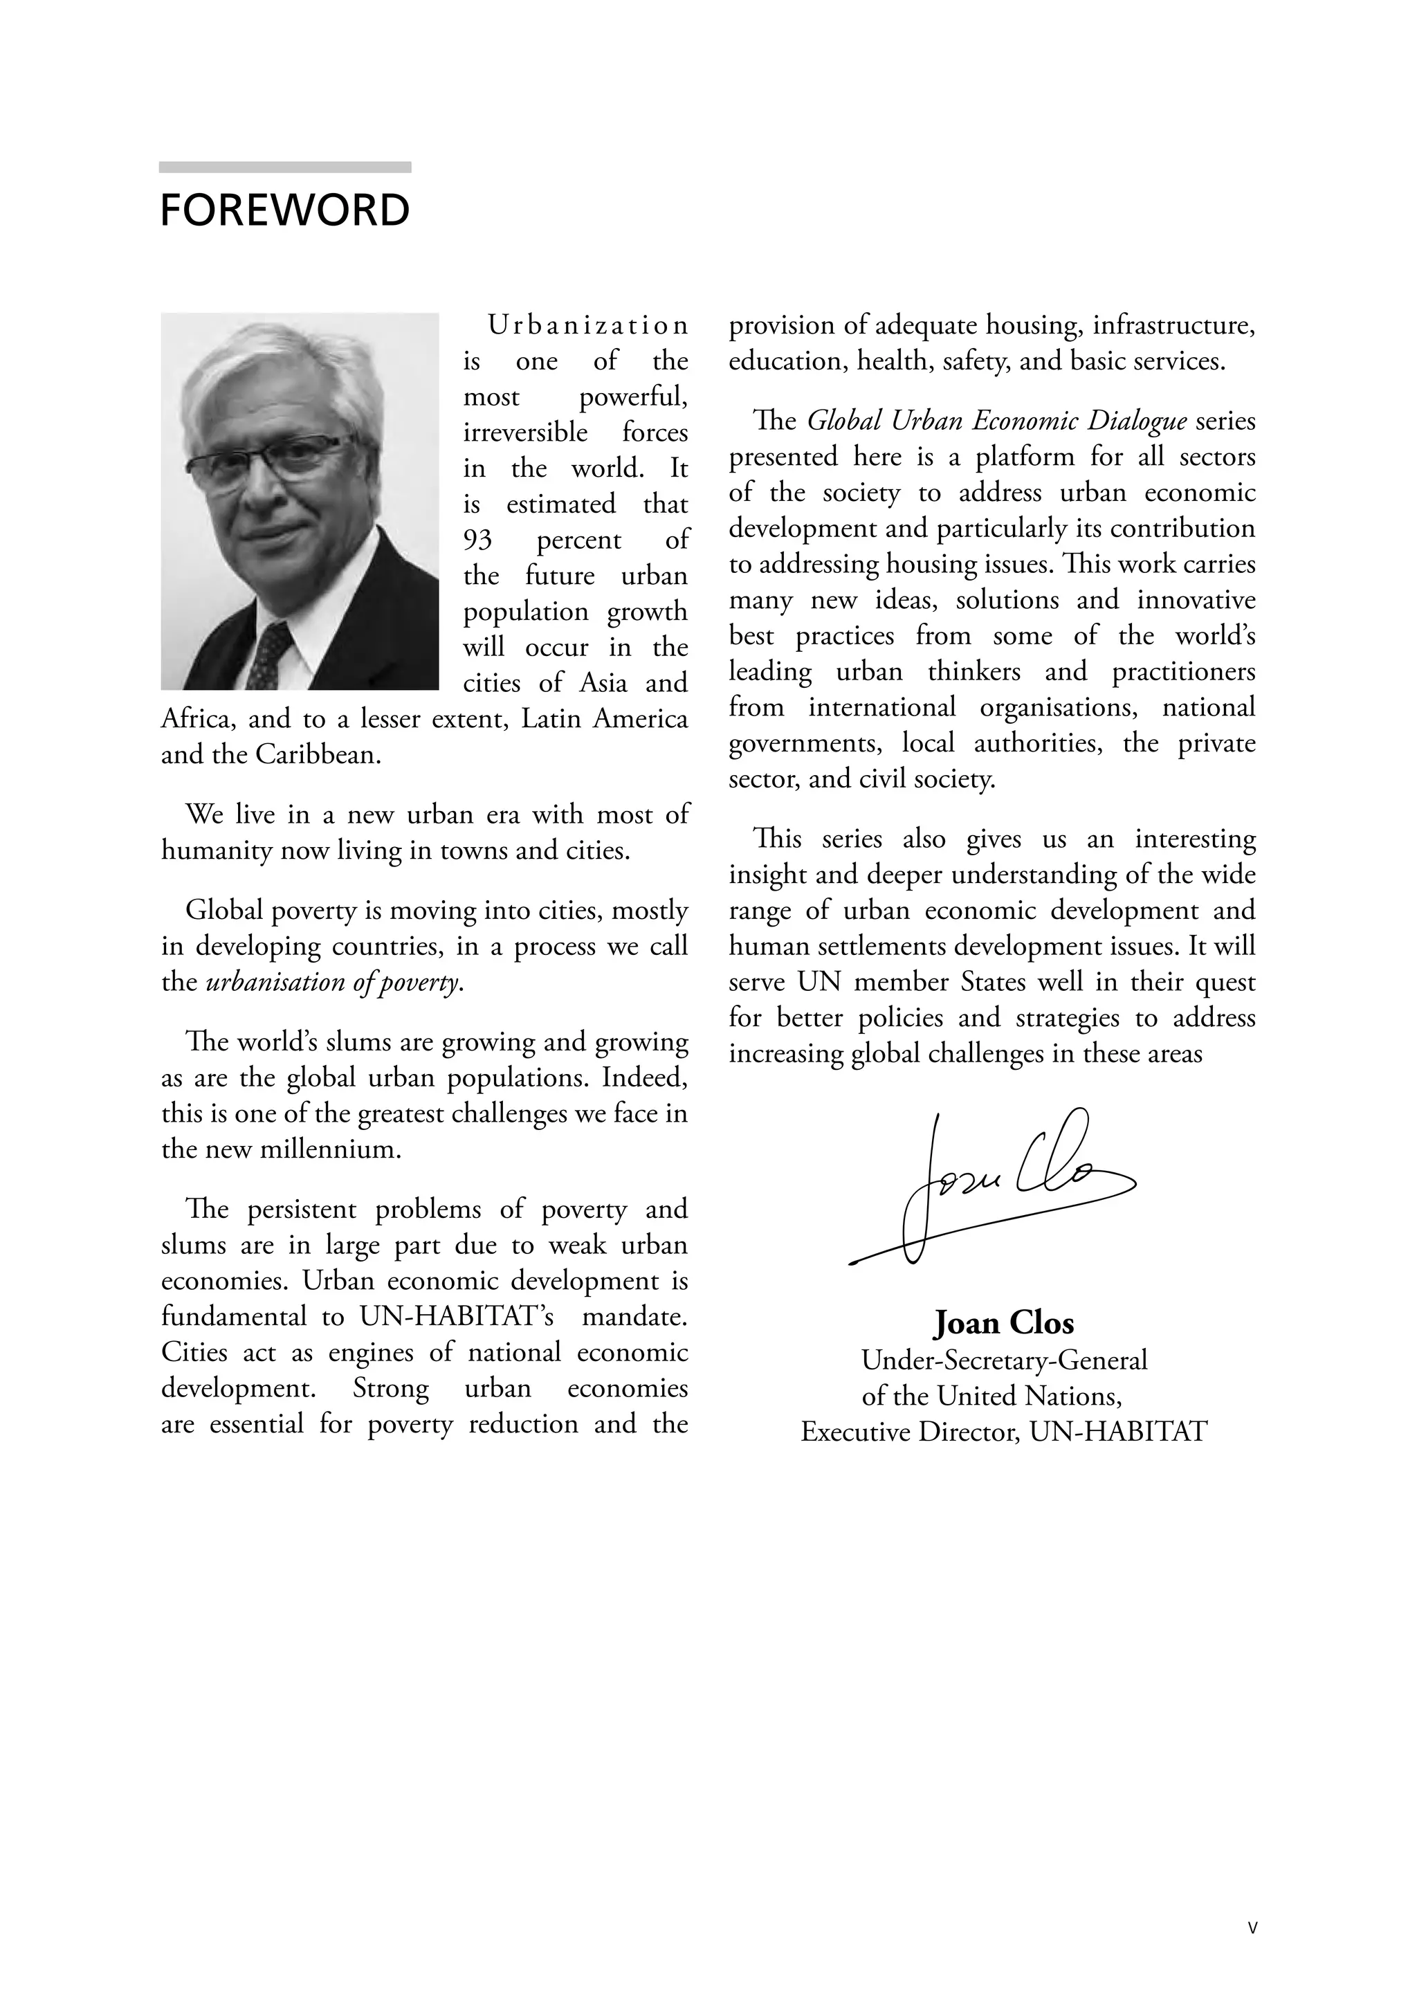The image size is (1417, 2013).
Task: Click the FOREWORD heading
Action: pyautogui.click(x=284, y=210)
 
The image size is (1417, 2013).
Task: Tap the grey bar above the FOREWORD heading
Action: pyautogui.click(x=284, y=167)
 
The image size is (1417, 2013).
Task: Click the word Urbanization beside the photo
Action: pyautogui.click(x=587, y=325)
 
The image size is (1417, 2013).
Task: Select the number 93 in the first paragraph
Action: pyautogui.click(x=478, y=540)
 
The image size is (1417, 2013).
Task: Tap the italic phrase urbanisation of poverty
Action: pyautogui.click(x=333, y=983)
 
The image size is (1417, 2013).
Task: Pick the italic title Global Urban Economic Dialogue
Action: pyautogui.click(x=997, y=421)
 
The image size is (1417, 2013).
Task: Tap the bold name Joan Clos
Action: pyautogui.click(x=1004, y=1323)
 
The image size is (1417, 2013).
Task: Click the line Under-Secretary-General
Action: pyautogui.click(x=1004, y=1360)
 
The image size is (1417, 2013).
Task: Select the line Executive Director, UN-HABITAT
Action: pyautogui.click(x=1004, y=1432)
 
